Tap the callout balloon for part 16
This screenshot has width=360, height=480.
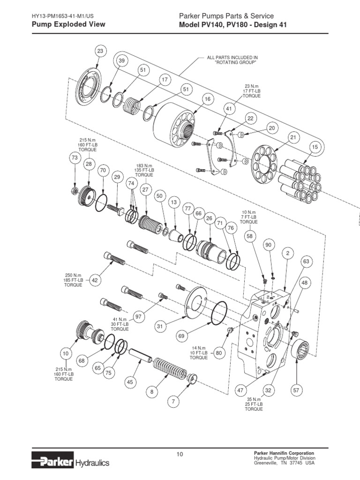tap(207, 99)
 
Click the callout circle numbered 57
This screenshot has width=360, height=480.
tap(296, 390)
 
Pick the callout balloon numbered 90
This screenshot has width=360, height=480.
tap(269, 245)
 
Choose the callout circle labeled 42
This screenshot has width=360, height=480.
tap(95, 280)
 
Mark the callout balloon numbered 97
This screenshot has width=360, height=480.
tap(138, 317)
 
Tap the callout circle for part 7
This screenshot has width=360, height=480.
tap(173, 401)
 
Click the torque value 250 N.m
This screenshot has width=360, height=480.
tap(73, 275)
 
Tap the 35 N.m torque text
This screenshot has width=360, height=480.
tap(253, 399)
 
